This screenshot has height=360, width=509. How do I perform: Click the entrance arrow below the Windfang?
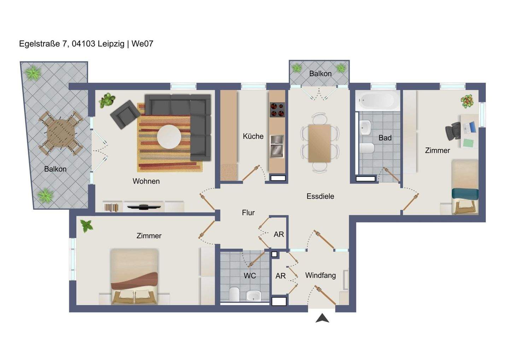pos(322,319)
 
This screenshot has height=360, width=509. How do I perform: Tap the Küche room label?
pos(253,137)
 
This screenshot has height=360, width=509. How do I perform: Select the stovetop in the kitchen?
pos(277,110)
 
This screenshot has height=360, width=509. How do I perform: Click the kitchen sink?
pos(277,147)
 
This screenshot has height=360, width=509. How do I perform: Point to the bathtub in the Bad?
pos(378,100)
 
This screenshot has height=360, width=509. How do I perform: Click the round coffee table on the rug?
pos(169,137)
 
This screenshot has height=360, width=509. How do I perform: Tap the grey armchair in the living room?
pos(125,115)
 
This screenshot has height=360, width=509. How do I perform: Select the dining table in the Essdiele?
pos(320,143)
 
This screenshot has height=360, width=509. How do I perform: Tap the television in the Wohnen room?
pos(144,207)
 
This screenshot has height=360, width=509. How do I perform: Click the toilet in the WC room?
pos(234,294)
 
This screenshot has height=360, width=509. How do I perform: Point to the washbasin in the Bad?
pos(365,128)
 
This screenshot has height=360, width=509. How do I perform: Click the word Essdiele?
pos(320,196)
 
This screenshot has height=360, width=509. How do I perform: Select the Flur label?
pos(248,213)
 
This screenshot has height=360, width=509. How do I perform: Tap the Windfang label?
pos(321,275)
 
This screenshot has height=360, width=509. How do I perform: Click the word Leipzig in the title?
pos(111,44)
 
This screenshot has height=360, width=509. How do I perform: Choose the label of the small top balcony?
pos(320,74)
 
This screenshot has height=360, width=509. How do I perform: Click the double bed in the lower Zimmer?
pos(134,276)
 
